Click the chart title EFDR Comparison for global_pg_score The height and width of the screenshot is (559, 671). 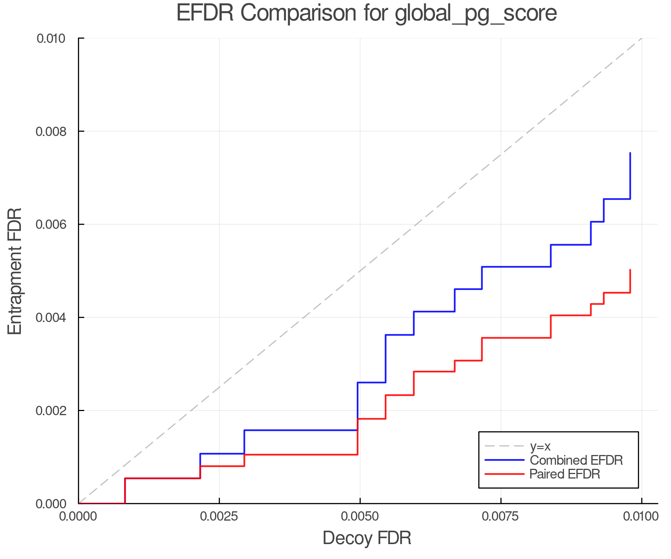click(366, 13)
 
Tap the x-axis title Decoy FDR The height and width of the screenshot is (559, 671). click(367, 538)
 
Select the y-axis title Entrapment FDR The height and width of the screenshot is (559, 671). click(15, 271)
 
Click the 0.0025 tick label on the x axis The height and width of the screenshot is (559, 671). click(219, 517)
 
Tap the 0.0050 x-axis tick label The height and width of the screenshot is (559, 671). click(360, 517)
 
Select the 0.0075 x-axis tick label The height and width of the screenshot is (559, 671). click(501, 517)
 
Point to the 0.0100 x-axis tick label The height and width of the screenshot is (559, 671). click(641, 517)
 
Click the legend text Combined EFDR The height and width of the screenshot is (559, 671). click(576, 460)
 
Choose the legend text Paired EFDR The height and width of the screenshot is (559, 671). click(565, 474)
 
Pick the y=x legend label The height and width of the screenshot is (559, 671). click(540, 446)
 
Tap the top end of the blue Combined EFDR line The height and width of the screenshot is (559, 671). click(630, 153)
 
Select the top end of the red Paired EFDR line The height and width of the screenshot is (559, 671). click(630, 270)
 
